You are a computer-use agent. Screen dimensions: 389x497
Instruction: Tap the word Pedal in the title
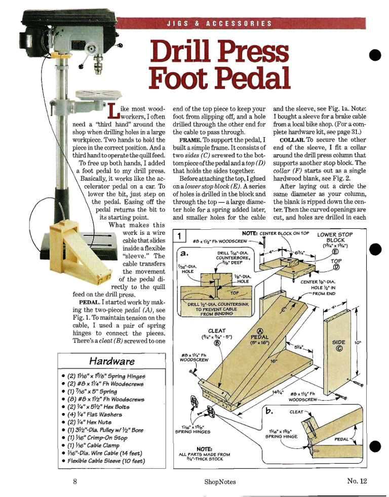click(255, 77)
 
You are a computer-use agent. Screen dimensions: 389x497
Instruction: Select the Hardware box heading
click(112, 361)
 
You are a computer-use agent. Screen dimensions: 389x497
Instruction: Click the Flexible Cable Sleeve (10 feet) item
click(106, 461)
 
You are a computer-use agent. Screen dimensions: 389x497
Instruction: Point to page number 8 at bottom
click(75, 481)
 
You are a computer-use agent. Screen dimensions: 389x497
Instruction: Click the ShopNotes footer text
click(220, 482)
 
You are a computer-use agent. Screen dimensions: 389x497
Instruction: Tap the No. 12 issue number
click(357, 481)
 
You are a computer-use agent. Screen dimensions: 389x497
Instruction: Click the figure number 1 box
click(180, 236)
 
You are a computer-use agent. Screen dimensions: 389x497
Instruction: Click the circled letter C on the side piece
click(338, 349)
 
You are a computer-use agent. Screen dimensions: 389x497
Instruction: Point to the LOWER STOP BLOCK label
click(335, 237)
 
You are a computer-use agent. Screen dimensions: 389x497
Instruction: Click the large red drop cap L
click(113, 110)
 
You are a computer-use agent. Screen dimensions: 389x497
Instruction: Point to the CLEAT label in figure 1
click(217, 331)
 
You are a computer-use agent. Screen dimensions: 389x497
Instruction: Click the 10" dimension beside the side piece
click(358, 343)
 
